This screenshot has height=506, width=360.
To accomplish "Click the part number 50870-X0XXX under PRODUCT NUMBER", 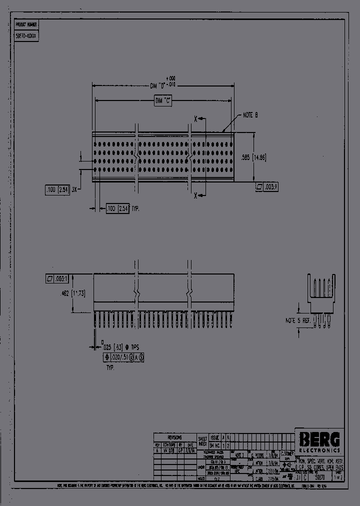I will pos(27,36).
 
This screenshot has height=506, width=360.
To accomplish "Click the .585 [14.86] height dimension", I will pos(266,157).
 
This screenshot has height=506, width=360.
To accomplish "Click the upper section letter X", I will pos(195,119).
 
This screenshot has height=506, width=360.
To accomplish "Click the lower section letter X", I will pos(195,195).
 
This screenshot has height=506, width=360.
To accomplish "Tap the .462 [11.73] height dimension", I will pos(73,294).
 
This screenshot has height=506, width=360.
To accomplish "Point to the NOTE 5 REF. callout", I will pos(298,320).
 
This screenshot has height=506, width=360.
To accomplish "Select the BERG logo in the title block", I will pos(319,439).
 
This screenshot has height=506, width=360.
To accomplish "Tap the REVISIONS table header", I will pos(174,437).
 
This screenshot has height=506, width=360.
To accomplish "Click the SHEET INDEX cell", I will pos(202,440).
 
